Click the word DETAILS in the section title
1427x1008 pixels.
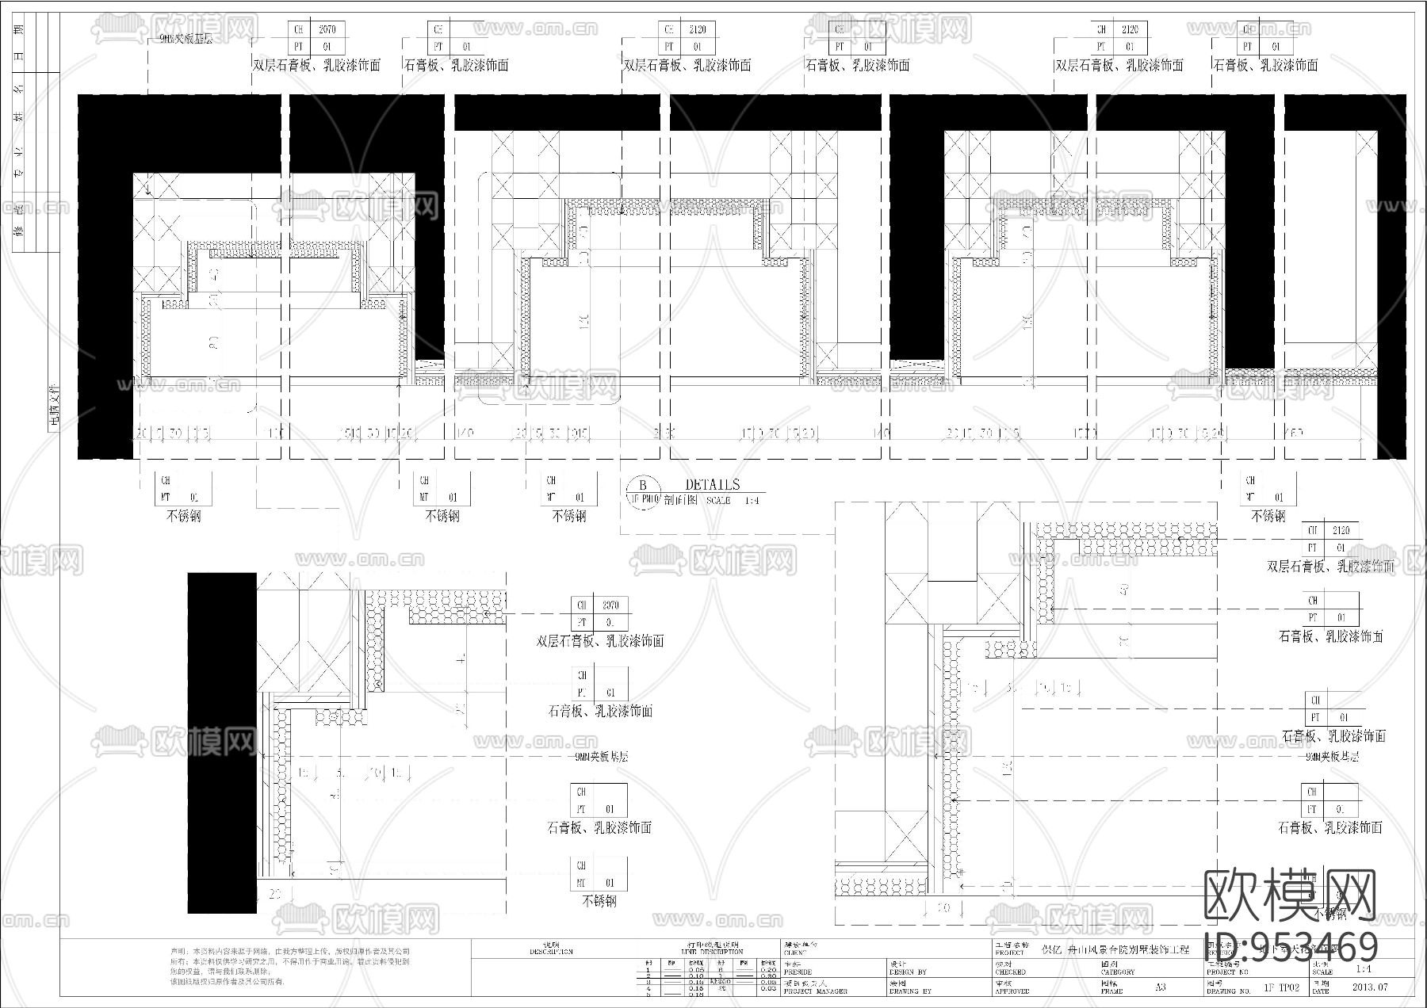712,485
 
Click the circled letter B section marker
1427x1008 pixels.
643,486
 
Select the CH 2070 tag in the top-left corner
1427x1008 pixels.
316,29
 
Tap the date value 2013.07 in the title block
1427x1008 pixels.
1369,987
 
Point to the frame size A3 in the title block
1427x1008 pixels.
1160,987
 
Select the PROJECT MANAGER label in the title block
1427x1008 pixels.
815,991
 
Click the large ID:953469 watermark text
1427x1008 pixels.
1291,947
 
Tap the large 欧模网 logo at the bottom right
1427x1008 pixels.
1290,896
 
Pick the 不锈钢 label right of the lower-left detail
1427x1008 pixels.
599,902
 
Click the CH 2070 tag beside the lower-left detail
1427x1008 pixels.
599,605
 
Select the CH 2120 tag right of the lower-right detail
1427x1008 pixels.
1329,530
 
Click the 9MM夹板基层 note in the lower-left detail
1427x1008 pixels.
601,757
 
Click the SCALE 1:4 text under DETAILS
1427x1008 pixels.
732,501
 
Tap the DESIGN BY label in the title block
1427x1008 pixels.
909,972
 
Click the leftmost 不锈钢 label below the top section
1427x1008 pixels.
183,516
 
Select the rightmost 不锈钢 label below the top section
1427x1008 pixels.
1268,516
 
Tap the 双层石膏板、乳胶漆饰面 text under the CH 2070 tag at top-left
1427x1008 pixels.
316,65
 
